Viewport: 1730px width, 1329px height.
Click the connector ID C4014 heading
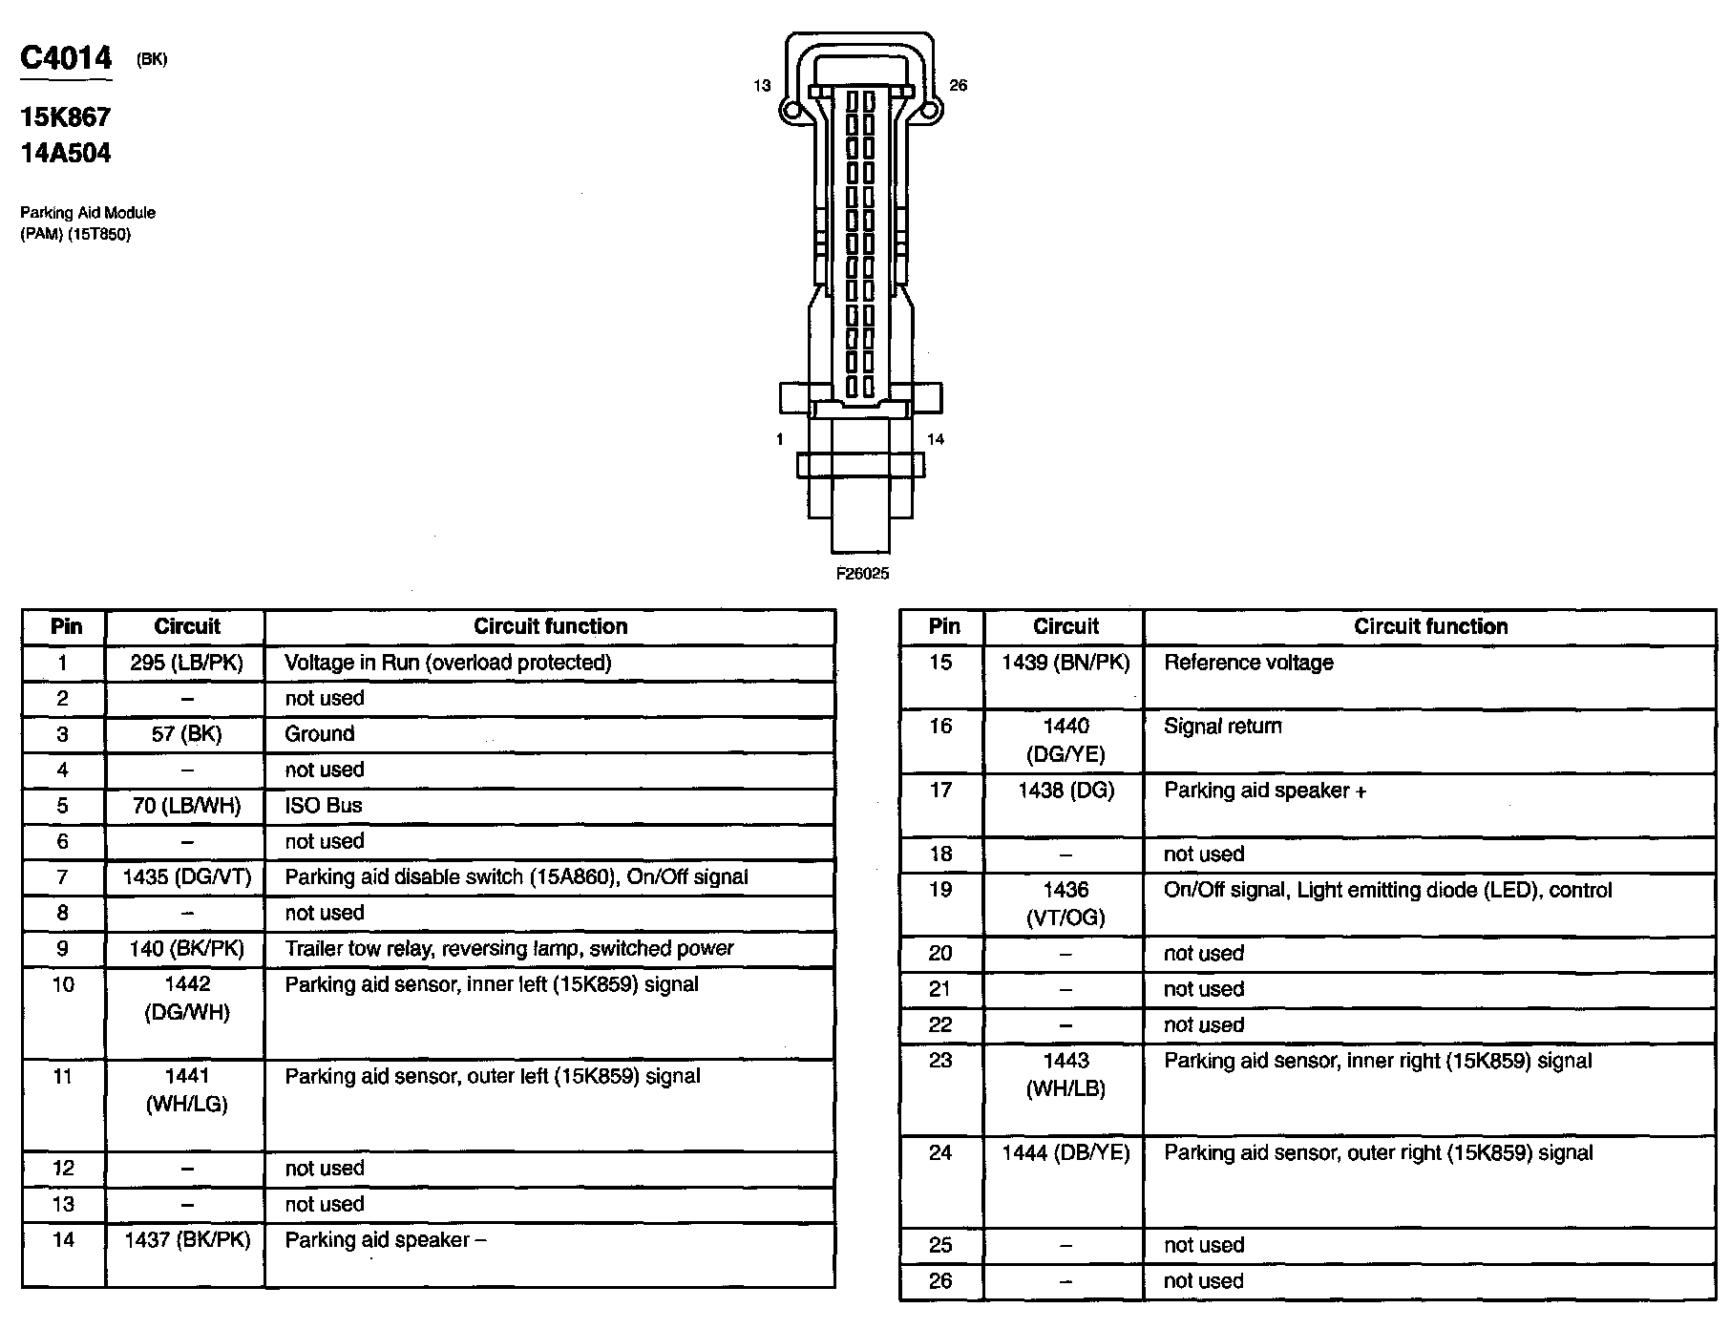[x=66, y=59]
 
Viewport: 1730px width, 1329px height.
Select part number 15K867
[x=66, y=117]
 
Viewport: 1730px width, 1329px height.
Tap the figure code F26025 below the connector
[x=862, y=574]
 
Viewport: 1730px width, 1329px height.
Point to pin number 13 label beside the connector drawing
[x=761, y=86]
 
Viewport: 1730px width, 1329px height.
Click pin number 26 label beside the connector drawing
[x=958, y=86]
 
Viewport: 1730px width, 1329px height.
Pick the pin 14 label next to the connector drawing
[x=935, y=439]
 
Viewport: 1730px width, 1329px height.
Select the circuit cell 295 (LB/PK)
[x=186, y=663]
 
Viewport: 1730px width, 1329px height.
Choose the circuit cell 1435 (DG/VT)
[x=186, y=877]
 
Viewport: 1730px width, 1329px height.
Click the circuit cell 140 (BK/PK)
[x=186, y=949]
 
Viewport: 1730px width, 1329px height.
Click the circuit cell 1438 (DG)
[x=1065, y=791]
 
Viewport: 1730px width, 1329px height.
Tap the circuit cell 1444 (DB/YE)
[x=1065, y=1153]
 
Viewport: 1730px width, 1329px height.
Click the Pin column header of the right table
[x=943, y=626]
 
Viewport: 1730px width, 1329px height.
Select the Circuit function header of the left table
[x=550, y=626]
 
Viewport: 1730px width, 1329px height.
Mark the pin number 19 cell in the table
[x=940, y=890]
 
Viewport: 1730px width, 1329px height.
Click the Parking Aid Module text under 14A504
[x=88, y=213]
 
